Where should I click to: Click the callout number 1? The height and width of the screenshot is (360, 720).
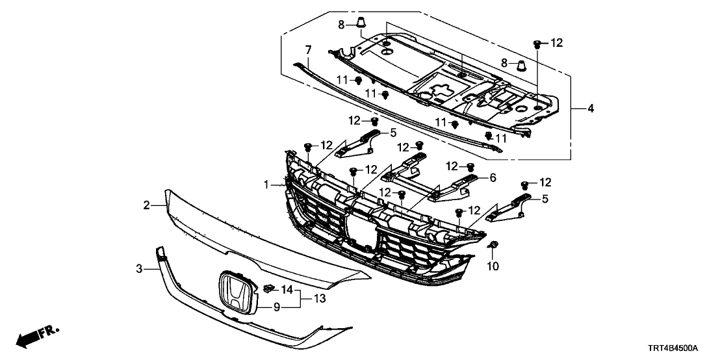tap(266, 186)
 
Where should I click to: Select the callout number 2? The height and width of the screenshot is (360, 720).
tap(147, 205)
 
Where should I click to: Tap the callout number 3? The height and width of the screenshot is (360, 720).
tap(138, 268)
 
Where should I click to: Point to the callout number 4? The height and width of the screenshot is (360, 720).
tap(590, 109)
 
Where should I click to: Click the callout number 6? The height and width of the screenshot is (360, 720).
tap(493, 177)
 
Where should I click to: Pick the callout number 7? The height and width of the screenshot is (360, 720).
tap(309, 49)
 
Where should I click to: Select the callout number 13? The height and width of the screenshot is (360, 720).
tap(319, 298)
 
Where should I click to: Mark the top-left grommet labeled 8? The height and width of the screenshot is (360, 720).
tap(359, 26)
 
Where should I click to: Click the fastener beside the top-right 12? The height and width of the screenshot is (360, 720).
tap(537, 44)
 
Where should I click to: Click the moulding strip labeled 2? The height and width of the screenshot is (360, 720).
tap(260, 240)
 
